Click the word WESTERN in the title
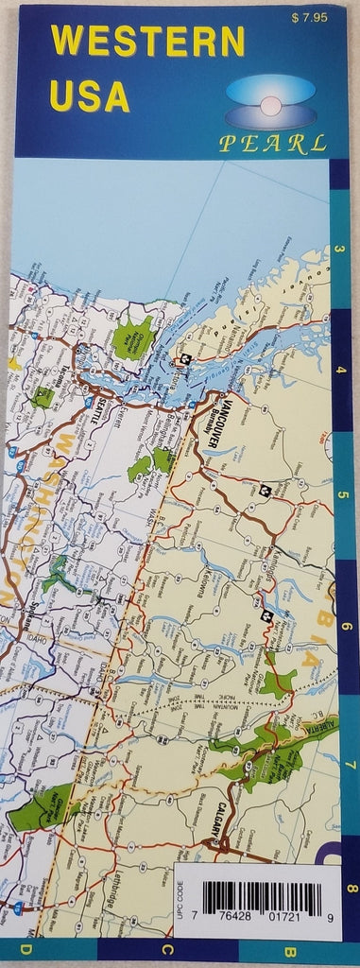(148, 42)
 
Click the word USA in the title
(92, 95)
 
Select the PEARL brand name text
(273, 144)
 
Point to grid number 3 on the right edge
(340, 250)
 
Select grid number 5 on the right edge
(341, 494)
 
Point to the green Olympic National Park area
(134, 336)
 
